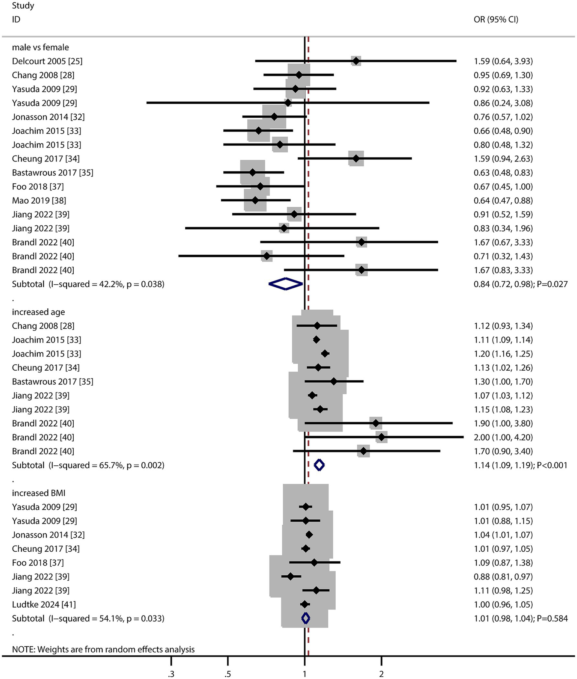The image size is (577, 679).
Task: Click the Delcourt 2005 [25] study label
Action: pos(47,61)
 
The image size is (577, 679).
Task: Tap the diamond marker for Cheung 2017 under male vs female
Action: pos(356,159)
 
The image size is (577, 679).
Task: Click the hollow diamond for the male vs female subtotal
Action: pos(286,284)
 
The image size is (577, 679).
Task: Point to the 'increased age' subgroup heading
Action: pos(38,312)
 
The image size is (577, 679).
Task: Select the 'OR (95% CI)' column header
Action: pos(496,20)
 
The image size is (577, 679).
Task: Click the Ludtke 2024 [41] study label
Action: pos(44,605)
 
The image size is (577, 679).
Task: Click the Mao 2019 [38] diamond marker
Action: pos(255,201)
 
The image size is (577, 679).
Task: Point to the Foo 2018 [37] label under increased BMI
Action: pos(38,563)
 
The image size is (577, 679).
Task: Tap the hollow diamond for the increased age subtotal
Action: pos(319,465)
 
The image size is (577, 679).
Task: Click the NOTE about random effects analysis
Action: pos(103,649)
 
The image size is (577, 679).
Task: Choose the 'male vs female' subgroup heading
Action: pos(40,47)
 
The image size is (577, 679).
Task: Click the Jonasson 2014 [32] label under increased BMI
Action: pos(48,535)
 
